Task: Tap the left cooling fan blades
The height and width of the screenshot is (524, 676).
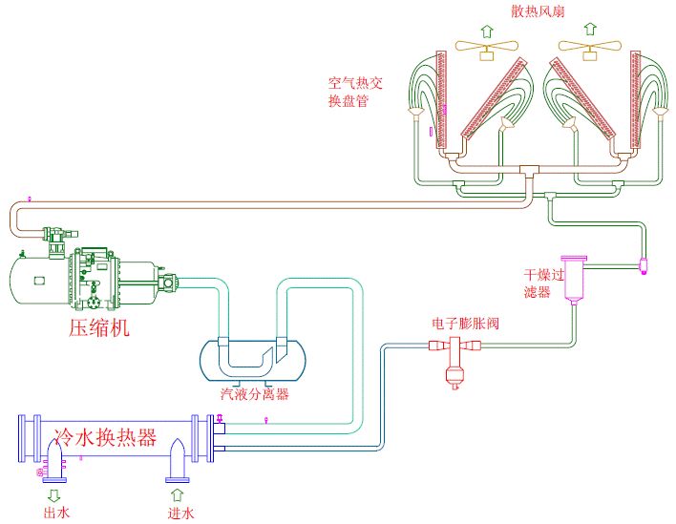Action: coord(486,45)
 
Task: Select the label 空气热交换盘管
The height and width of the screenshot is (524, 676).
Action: coord(355,92)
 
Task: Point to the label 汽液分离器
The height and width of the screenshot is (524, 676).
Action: coord(255,393)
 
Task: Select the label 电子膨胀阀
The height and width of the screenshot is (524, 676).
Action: coord(465,324)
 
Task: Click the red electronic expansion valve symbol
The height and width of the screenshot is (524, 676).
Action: coord(454,362)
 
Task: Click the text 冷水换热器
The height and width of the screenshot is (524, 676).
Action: coord(106,438)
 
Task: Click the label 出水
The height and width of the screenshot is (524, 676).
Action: coord(54,514)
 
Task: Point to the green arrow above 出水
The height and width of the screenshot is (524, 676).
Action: coord(54,494)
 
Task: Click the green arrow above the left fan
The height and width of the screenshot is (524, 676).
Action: coord(486,30)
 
